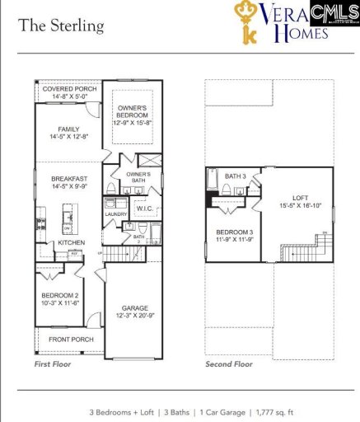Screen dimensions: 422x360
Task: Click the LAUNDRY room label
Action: point(115,214)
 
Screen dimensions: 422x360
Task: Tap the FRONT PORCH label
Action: point(69,340)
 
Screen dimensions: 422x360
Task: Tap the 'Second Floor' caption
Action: point(230,363)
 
